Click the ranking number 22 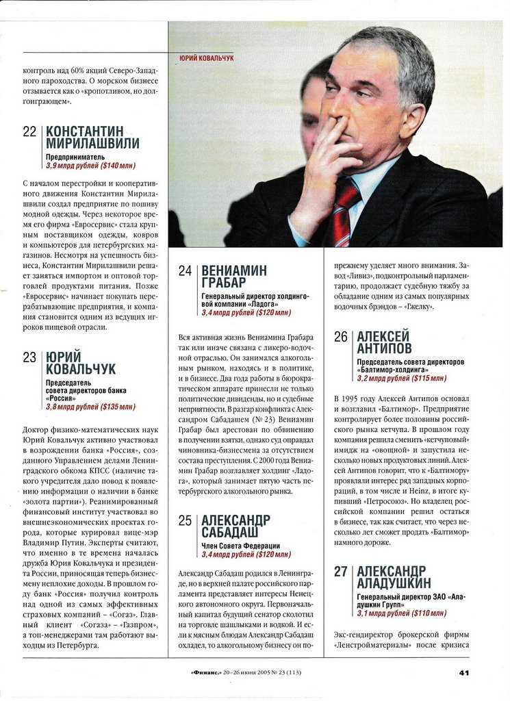pyautogui.click(x=29, y=131)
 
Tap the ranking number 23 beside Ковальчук pyautogui.click(x=29, y=357)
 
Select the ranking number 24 pyautogui.click(x=185, y=270)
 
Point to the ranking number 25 pyautogui.click(x=185, y=520)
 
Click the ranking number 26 pyautogui.click(x=341, y=337)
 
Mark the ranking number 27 pyautogui.click(x=341, y=571)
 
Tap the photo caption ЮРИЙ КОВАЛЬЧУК pyautogui.click(x=206, y=59)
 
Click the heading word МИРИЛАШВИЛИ pyautogui.click(x=92, y=144)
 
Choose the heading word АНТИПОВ pyautogui.click(x=384, y=349)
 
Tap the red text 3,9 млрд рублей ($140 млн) pyautogui.click(x=90, y=166)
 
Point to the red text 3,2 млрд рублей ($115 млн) pyautogui.click(x=401, y=378)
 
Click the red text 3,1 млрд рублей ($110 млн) pyautogui.click(x=401, y=613)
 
